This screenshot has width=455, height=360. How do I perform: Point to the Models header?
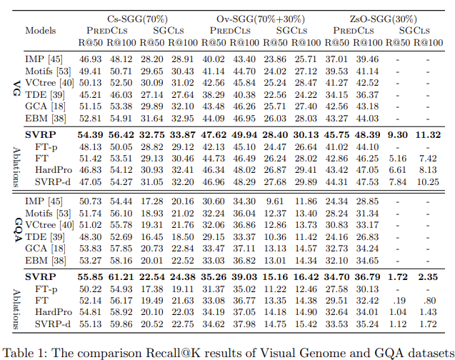point(40,30)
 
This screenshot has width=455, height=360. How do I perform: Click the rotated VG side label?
point(15,89)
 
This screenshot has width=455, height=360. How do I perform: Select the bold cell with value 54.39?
point(91,134)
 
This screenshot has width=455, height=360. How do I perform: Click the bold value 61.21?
point(121,276)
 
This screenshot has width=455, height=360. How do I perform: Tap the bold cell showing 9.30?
point(397,134)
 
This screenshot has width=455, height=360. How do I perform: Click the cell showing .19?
point(399,300)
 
